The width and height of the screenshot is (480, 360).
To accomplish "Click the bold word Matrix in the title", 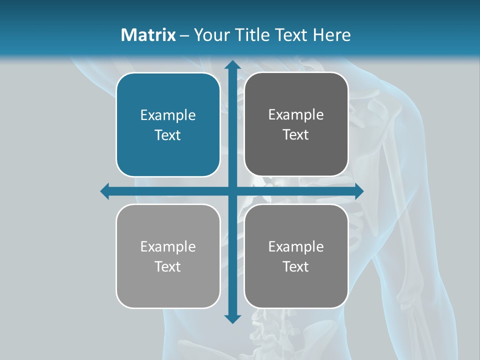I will click(148, 35).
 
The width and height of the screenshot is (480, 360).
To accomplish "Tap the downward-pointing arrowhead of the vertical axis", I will click(232, 319).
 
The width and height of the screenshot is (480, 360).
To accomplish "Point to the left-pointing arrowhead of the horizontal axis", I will click(105, 191).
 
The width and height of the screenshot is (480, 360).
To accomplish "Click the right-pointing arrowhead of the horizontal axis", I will click(358, 191).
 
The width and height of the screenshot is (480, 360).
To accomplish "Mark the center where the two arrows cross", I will click(232, 191).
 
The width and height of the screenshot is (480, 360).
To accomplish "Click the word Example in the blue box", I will click(168, 115).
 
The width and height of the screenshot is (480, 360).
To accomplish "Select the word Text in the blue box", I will click(168, 135).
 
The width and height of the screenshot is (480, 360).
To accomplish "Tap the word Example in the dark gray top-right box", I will click(296, 115).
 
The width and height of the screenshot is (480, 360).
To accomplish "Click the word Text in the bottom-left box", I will click(168, 267).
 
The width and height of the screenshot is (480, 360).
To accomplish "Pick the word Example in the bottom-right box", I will click(296, 246).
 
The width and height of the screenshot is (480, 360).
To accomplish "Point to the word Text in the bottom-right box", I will click(296, 267).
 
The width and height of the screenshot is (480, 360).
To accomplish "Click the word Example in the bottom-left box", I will click(168, 246).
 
